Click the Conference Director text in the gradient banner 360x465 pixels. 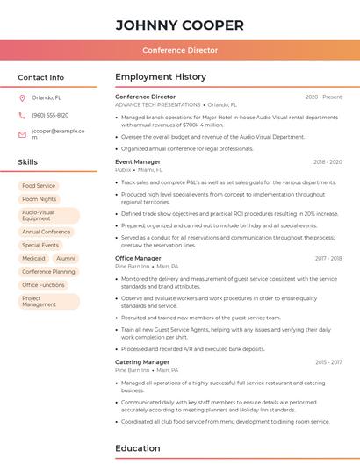pyautogui.click(x=179, y=51)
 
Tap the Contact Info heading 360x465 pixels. pyautogui.click(x=40, y=77)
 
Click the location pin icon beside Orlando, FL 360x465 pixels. pyautogui.click(x=22, y=98)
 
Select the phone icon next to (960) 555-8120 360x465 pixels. pyautogui.click(x=22, y=116)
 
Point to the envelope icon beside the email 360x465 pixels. pyautogui.click(x=22, y=134)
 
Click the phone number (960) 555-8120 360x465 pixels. pyautogui.click(x=50, y=116)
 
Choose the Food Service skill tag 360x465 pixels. pyautogui.click(x=39, y=186)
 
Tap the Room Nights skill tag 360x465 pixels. pyautogui.click(x=39, y=199)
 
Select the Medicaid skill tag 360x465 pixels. pyautogui.click(x=34, y=259)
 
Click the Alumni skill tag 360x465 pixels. pyautogui.click(x=66, y=259)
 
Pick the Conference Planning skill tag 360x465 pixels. pyautogui.click(x=48, y=272)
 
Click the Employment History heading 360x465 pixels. pyautogui.click(x=161, y=77)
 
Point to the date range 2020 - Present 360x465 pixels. pyautogui.click(x=323, y=97)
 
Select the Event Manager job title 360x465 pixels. pyautogui.click(x=138, y=162)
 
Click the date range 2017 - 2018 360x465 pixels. pyautogui.click(x=328, y=259)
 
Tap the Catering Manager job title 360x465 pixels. pyautogui.click(x=142, y=362)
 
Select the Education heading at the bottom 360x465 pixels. pyautogui.click(x=138, y=448)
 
